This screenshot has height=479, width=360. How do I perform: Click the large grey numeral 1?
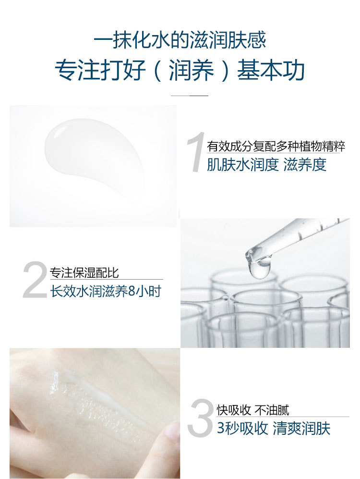click(x=195, y=152)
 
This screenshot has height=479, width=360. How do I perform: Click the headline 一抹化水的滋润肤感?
click(x=180, y=40)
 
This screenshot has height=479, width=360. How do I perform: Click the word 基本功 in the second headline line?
click(x=271, y=70)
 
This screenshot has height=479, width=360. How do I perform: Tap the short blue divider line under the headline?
click(x=190, y=96)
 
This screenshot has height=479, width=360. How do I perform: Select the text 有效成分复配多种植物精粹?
click(x=276, y=147)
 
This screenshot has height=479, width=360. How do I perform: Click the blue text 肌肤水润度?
click(x=242, y=164)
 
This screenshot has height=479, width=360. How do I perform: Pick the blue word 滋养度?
click(x=305, y=164)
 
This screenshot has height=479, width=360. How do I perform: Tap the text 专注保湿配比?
click(x=84, y=272)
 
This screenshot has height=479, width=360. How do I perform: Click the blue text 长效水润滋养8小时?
click(x=106, y=291)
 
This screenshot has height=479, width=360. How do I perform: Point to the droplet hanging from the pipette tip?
click(x=260, y=269)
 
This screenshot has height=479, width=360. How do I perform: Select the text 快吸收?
click(x=234, y=410)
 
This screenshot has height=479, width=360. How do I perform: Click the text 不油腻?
click(x=272, y=410)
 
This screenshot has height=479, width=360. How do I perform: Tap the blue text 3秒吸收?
click(x=242, y=428)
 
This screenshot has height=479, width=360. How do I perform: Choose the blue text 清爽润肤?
click(x=301, y=428)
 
